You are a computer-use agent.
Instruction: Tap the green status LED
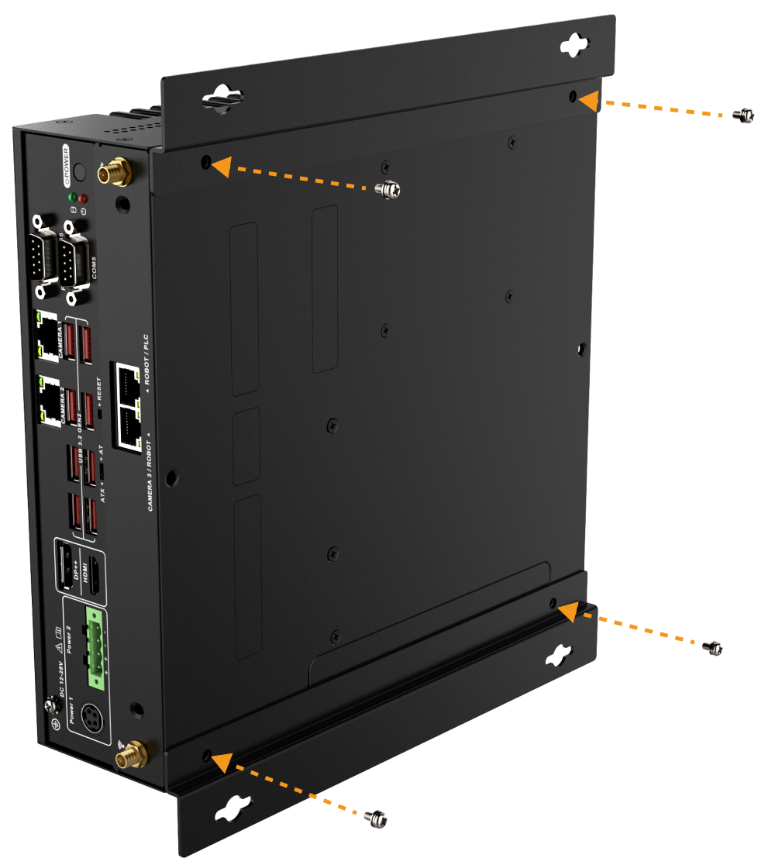tap(72, 197)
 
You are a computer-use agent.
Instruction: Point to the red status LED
tap(83, 199)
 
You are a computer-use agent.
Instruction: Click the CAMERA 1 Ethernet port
tap(47, 335)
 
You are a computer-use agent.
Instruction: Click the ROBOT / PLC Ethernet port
tap(127, 382)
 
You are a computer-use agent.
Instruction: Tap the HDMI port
tap(93, 577)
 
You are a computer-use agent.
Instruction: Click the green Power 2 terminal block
tap(96, 649)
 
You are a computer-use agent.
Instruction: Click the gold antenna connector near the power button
tap(114, 171)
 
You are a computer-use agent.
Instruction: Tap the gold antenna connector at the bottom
tap(133, 752)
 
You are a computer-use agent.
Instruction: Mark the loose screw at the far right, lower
tap(713, 647)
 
